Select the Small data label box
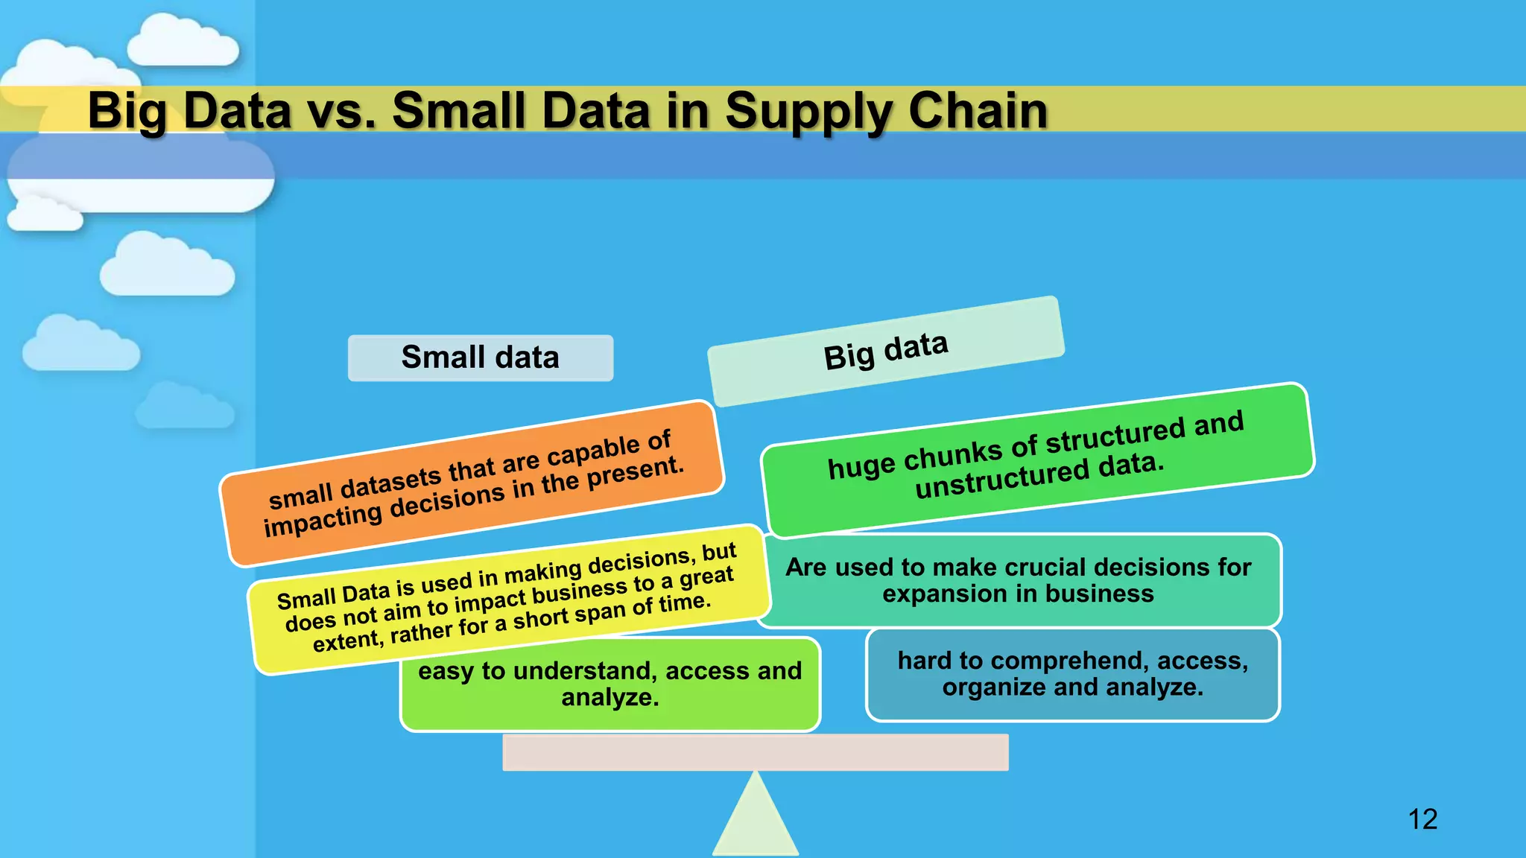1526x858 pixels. [481, 357]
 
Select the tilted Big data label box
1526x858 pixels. [885, 351]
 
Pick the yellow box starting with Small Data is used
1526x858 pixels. [507, 599]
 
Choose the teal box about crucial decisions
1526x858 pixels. [1019, 580]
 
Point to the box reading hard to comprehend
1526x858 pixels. [1072, 674]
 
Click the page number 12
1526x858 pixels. [1422, 819]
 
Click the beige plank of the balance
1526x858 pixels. [756, 752]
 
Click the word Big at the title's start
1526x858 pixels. [127, 112]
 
